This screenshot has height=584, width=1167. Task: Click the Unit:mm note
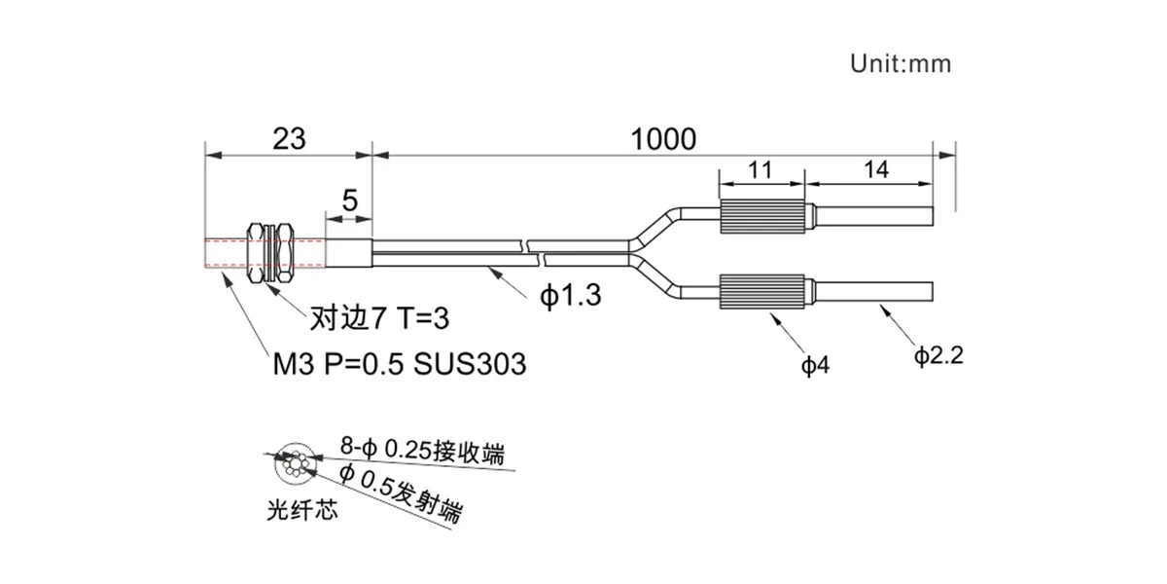click(x=901, y=63)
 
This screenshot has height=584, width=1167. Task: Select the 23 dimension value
click(x=289, y=138)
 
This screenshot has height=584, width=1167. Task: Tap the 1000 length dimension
click(x=663, y=139)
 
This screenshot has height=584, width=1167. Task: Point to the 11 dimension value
click(x=760, y=170)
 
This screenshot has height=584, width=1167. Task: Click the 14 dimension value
click(x=876, y=170)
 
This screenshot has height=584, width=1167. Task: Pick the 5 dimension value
click(x=349, y=201)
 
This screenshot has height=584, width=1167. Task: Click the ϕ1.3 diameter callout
click(x=571, y=296)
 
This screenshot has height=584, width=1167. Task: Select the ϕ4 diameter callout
click(x=815, y=366)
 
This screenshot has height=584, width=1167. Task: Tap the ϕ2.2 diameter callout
click(x=938, y=356)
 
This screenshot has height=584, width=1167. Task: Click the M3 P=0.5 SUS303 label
click(x=400, y=364)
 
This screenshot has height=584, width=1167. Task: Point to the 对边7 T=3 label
click(x=379, y=317)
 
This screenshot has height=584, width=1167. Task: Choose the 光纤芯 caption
click(x=302, y=509)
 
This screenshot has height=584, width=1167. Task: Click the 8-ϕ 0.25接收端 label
click(x=422, y=451)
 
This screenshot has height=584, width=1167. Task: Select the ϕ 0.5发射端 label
click(x=400, y=493)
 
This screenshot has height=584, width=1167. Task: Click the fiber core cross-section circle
click(x=295, y=463)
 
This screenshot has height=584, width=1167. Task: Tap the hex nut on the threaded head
click(x=270, y=253)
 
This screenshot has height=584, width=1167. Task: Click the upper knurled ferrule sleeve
click(x=761, y=216)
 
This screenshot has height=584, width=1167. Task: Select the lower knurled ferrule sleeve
click(x=761, y=291)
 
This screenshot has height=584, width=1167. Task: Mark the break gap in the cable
click(x=534, y=253)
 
